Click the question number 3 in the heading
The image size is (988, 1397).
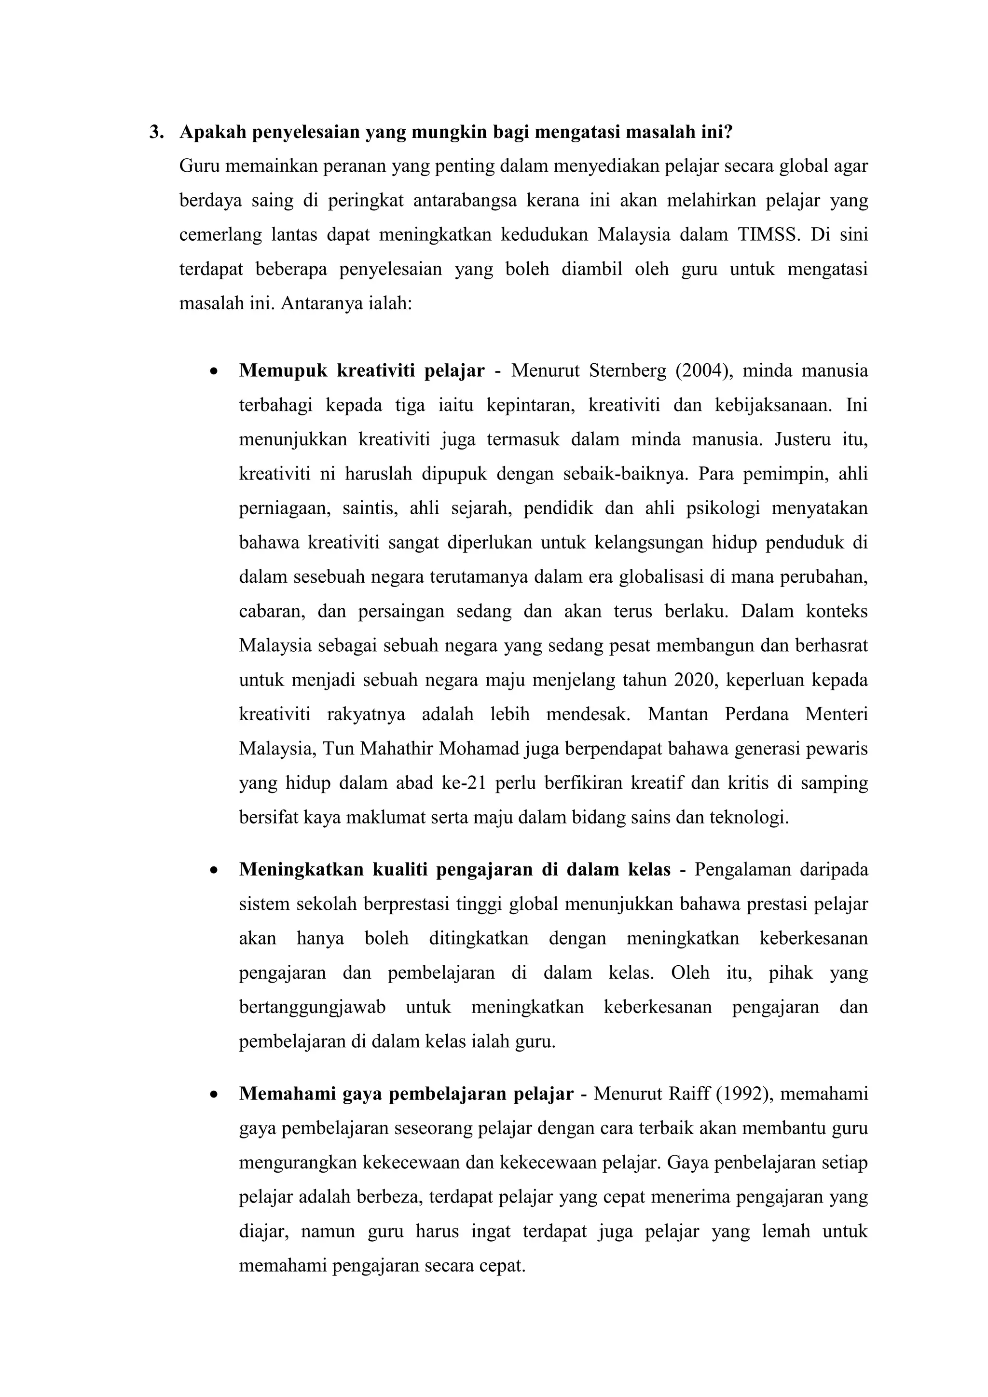[154, 132]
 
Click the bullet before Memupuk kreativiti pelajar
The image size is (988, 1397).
[212, 372]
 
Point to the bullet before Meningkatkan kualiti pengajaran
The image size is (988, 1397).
[212, 871]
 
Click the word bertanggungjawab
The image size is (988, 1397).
[312, 1007]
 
